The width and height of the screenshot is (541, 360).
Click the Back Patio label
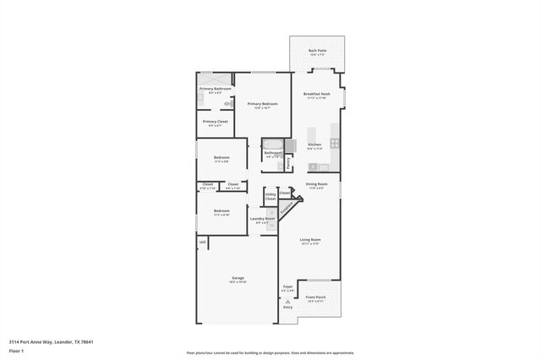(317, 51)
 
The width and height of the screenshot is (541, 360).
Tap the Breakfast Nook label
(317, 94)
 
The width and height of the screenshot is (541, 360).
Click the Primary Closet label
(216, 122)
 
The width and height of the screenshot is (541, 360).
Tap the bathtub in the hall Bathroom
(272, 144)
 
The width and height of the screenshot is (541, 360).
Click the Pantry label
(288, 162)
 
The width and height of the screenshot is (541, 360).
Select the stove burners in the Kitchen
(335, 143)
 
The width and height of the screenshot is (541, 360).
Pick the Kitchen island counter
(312, 135)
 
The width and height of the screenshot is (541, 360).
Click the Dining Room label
(316, 183)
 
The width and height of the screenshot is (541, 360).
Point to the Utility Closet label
(270, 196)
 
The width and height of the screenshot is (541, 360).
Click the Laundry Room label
(263, 219)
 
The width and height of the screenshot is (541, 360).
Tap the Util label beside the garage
(203, 243)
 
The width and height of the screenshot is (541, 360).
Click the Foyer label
(287, 287)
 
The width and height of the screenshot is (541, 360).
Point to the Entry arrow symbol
(287, 301)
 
